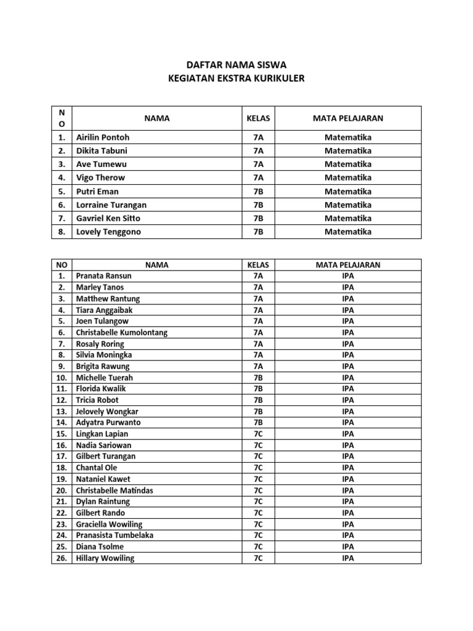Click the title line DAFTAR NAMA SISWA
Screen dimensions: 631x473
[236, 65]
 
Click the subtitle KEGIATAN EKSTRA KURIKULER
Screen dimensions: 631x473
[236, 78]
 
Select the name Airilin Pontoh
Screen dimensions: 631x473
[102, 137]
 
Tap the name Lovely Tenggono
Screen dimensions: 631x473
[108, 232]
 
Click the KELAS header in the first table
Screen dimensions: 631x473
[258, 118]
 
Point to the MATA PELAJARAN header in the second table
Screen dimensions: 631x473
[348, 265]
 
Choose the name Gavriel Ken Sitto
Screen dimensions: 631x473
[108, 218]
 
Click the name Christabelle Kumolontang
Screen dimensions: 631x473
[121, 333]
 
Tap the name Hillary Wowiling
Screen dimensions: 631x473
[105, 558]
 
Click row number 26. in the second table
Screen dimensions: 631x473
[62, 558]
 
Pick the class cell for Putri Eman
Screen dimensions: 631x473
[258, 191]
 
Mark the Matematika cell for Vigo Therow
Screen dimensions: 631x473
[348, 177]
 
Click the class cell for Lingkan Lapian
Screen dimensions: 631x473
[258, 434]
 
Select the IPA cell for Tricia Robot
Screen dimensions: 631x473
[348, 400]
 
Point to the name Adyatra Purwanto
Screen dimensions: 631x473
[108, 423]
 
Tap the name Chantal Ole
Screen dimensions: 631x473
[96, 468]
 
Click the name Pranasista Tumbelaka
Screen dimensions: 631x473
[115, 535]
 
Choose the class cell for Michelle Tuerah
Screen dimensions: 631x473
[258, 378]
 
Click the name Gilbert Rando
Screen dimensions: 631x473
[100, 513]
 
